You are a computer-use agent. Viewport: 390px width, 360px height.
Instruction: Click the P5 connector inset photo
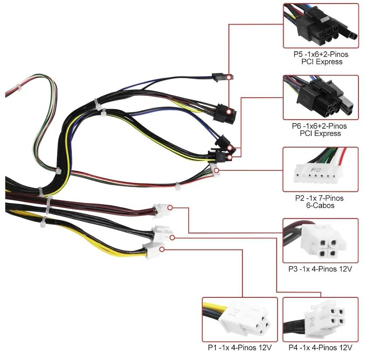(x=320, y=26)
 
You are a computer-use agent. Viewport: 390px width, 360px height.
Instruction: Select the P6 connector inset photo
(x=320, y=97)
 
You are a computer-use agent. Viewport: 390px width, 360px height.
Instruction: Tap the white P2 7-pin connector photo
(x=320, y=169)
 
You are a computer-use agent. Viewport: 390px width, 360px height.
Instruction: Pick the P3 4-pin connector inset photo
(x=320, y=240)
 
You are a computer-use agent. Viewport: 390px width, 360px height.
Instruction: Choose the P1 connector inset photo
(x=239, y=319)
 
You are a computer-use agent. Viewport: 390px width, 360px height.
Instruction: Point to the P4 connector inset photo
(x=320, y=319)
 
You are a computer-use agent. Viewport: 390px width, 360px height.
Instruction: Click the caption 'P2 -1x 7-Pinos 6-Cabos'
(x=319, y=202)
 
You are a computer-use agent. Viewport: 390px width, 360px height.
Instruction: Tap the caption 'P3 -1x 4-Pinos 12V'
(x=320, y=269)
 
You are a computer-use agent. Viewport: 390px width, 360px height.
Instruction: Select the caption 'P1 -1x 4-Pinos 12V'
(x=239, y=348)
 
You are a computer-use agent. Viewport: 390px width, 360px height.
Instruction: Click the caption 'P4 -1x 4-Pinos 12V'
(x=320, y=348)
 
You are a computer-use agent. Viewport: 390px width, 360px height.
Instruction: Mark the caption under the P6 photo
(x=320, y=130)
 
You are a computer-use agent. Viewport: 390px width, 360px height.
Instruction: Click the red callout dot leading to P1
(x=162, y=249)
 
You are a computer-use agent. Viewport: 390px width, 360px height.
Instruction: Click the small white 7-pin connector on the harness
(x=215, y=171)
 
